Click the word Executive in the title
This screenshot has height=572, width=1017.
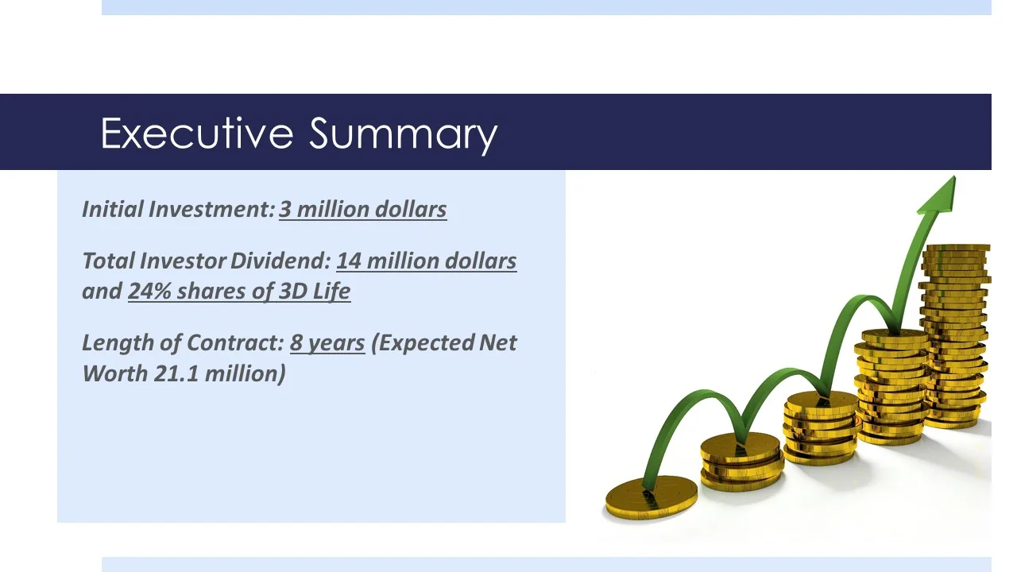point(196,133)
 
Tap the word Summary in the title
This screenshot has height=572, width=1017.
point(403,136)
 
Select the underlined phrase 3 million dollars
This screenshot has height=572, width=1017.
point(363,209)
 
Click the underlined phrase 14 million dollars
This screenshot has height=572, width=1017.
point(427,261)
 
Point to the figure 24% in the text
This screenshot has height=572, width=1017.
point(149,291)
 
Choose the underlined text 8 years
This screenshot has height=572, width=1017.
point(327,343)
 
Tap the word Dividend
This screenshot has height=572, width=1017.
point(280,261)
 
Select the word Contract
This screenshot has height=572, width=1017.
point(235,342)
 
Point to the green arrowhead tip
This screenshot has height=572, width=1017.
point(954,177)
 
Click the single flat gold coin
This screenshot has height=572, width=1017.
point(651,497)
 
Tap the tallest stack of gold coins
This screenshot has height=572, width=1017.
point(956,336)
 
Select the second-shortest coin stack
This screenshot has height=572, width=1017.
point(741,461)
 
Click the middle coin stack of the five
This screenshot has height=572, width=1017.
point(822,427)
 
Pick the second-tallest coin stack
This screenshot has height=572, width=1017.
point(891,386)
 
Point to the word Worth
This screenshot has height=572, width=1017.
point(115,373)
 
